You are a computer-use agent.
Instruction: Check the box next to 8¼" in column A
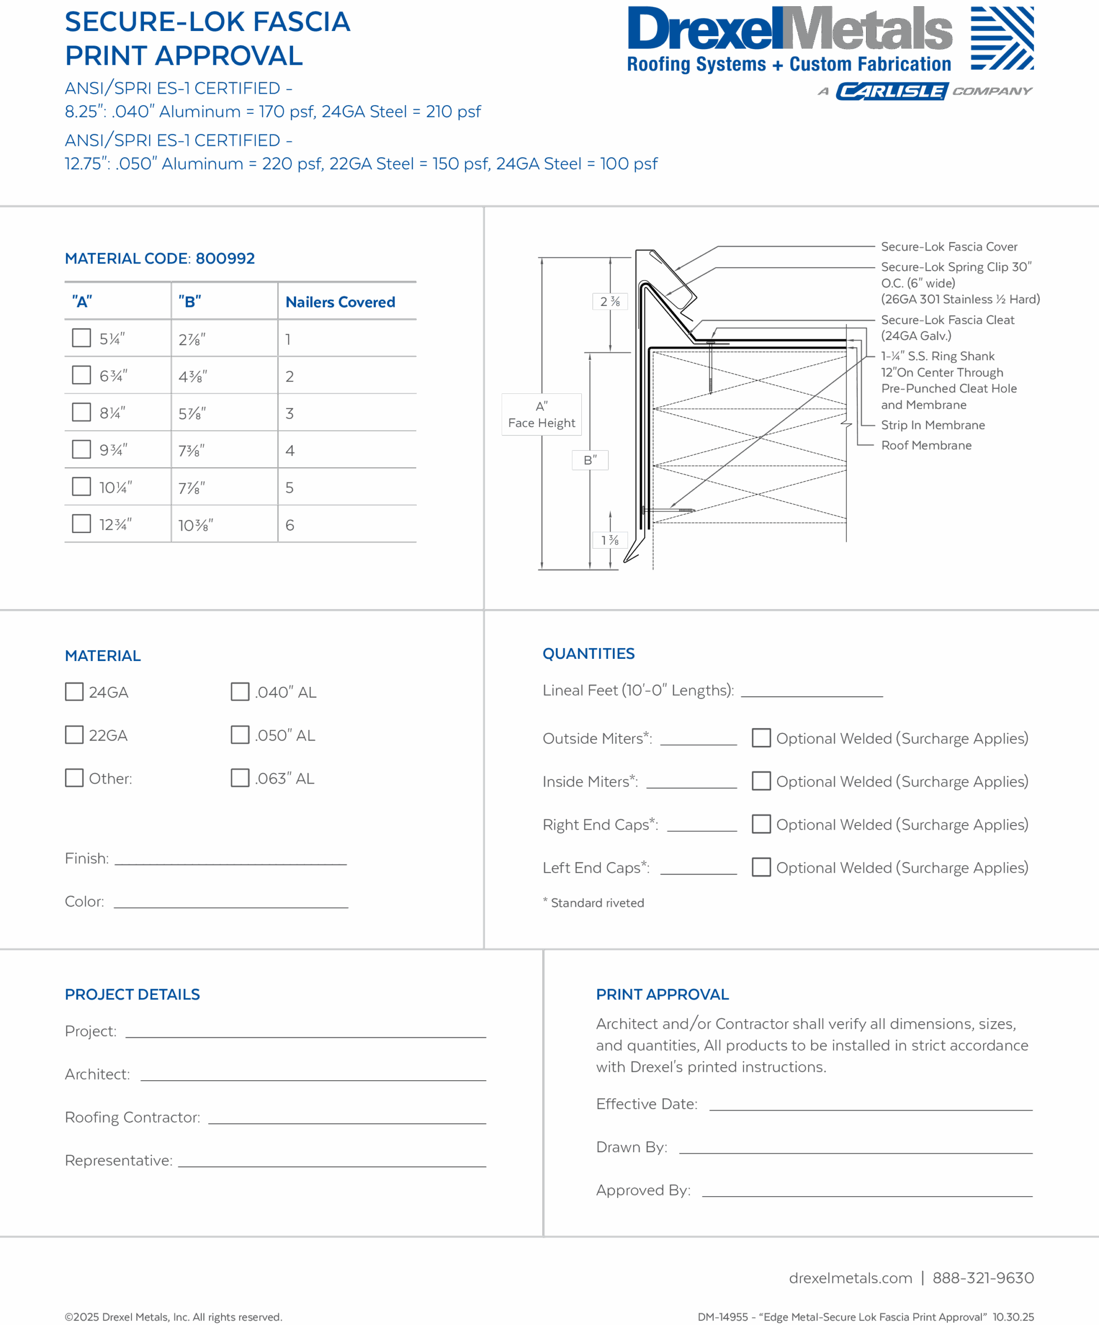[81, 412]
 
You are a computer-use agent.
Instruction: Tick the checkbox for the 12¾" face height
[81, 524]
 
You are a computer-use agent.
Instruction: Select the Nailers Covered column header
[340, 302]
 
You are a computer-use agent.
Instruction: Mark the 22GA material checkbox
[75, 734]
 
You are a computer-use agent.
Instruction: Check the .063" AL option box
[240, 777]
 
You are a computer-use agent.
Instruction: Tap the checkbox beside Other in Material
[75, 777]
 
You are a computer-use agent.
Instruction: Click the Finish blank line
[231, 864]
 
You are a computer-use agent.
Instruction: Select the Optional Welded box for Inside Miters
[761, 781]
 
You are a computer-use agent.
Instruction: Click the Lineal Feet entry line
[812, 696]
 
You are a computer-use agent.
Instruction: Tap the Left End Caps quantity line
[698, 874]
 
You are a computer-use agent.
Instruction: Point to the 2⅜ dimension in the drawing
[610, 302]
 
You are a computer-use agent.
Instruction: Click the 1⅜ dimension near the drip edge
[609, 540]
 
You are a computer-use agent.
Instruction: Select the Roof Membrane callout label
[926, 446]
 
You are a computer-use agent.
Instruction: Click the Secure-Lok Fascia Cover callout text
[949, 247]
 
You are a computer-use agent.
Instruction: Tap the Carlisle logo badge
[892, 92]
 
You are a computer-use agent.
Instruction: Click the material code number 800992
[225, 259]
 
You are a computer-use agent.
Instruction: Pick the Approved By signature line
[868, 1196]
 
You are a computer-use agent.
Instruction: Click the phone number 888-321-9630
[983, 1278]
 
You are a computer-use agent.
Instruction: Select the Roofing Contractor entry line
[347, 1123]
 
